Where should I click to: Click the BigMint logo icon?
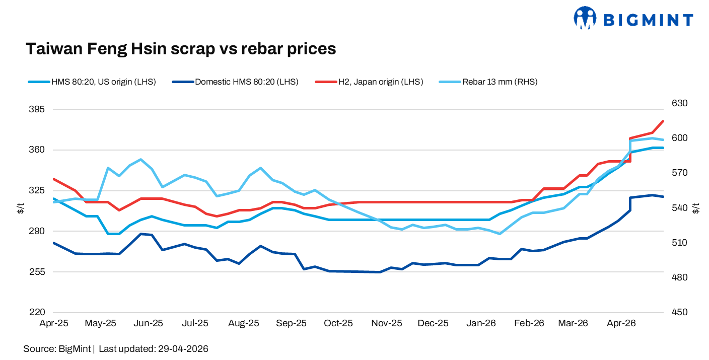585,18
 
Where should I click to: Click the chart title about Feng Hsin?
181,48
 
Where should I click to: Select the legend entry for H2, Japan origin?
369,82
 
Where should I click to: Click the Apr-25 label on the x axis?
54,323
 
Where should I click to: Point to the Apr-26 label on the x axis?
621,323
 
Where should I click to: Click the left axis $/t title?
20,208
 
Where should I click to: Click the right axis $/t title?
696,208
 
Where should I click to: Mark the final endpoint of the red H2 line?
663,121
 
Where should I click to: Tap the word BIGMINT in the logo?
648,20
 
